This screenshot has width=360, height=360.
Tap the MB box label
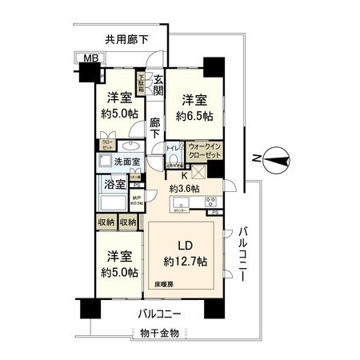[x=82, y=58]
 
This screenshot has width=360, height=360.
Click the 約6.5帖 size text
[x=196, y=116]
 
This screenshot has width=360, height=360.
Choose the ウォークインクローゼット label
[x=205, y=150]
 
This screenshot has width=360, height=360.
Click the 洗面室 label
[x=126, y=162]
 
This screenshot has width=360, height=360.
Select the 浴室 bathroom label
[x=114, y=185]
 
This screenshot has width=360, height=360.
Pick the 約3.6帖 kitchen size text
[x=184, y=189]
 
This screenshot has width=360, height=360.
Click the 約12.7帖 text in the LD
[x=185, y=261]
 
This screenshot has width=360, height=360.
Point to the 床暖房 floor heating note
[x=164, y=284]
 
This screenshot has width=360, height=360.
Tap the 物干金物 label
[x=159, y=333]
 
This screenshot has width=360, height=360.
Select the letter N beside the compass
[x=254, y=158]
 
